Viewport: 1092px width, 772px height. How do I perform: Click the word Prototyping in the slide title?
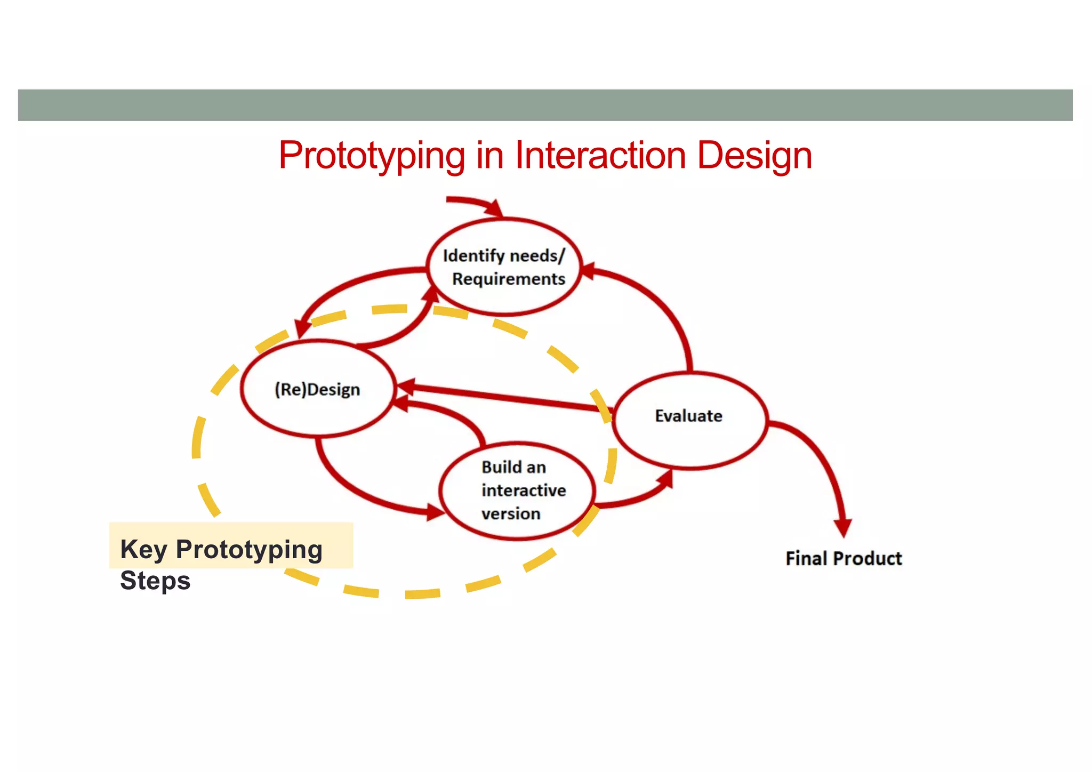[372, 156]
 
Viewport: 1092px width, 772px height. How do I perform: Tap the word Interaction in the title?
[600, 156]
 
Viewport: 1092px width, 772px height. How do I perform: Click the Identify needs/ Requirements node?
[504, 267]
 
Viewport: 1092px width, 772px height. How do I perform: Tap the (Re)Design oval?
[318, 389]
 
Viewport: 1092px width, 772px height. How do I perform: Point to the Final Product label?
[844, 558]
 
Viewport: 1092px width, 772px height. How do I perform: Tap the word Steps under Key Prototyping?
[155, 580]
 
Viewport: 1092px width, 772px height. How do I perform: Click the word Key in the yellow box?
[143, 549]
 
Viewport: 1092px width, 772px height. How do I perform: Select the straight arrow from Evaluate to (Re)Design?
[507, 397]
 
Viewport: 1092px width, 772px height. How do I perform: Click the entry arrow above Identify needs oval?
[475, 203]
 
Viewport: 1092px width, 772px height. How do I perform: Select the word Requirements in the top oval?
[509, 279]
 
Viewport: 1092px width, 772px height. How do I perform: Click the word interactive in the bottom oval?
[524, 490]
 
